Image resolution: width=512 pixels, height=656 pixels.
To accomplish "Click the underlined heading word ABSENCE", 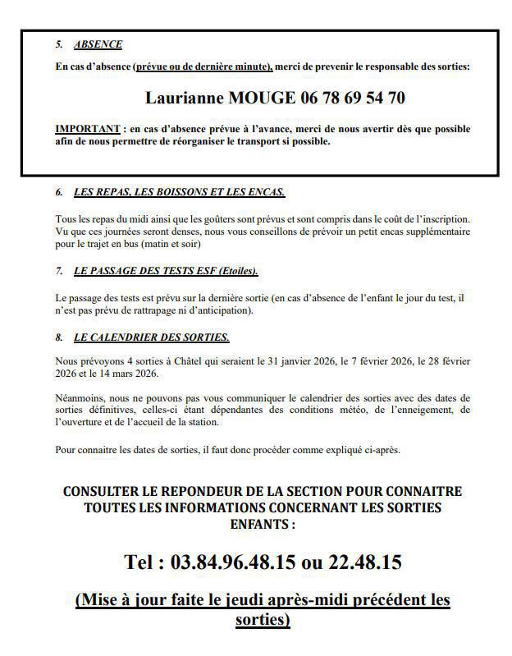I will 98,44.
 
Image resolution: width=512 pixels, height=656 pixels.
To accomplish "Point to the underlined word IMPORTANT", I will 87,130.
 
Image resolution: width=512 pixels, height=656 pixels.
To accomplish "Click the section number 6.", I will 59,192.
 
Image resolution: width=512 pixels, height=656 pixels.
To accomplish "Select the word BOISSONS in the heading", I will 185,192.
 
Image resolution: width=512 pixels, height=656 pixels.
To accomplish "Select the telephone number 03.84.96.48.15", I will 232,562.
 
